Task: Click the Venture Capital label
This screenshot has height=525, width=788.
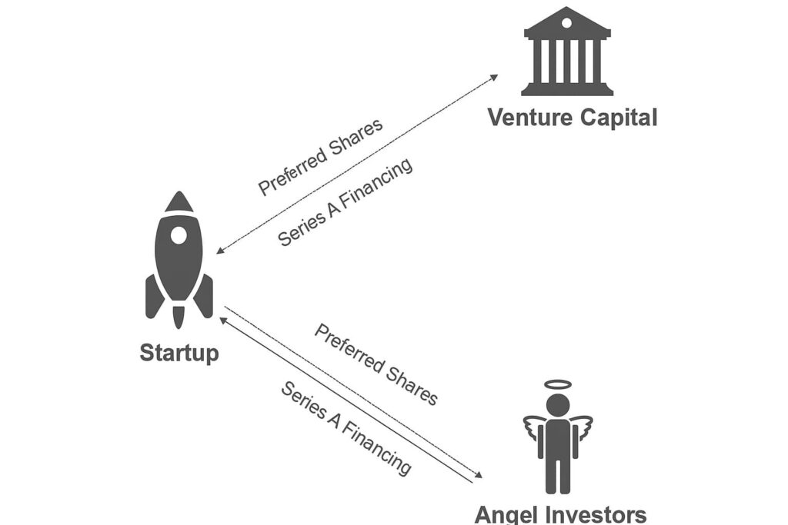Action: pos(572,118)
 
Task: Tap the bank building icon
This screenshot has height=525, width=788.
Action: pos(567,52)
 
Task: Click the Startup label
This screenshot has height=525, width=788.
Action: pos(179,353)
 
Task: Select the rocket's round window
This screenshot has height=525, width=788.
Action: pos(179,235)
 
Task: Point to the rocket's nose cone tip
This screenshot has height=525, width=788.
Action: pos(179,194)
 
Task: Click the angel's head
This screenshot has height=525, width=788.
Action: pos(558,405)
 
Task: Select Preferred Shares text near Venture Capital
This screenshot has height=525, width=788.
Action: pos(320,156)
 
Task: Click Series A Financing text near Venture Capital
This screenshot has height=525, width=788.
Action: pos(345,202)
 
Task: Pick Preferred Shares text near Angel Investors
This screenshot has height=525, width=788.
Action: pos(376,364)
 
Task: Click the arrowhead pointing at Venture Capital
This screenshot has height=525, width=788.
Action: pos(494,77)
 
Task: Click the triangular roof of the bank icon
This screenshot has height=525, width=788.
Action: pos(567,21)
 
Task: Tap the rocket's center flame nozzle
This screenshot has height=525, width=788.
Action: pos(179,315)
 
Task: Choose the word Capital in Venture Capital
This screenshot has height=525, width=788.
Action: pos(619,118)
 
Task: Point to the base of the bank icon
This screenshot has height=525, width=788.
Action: pos(567,90)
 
